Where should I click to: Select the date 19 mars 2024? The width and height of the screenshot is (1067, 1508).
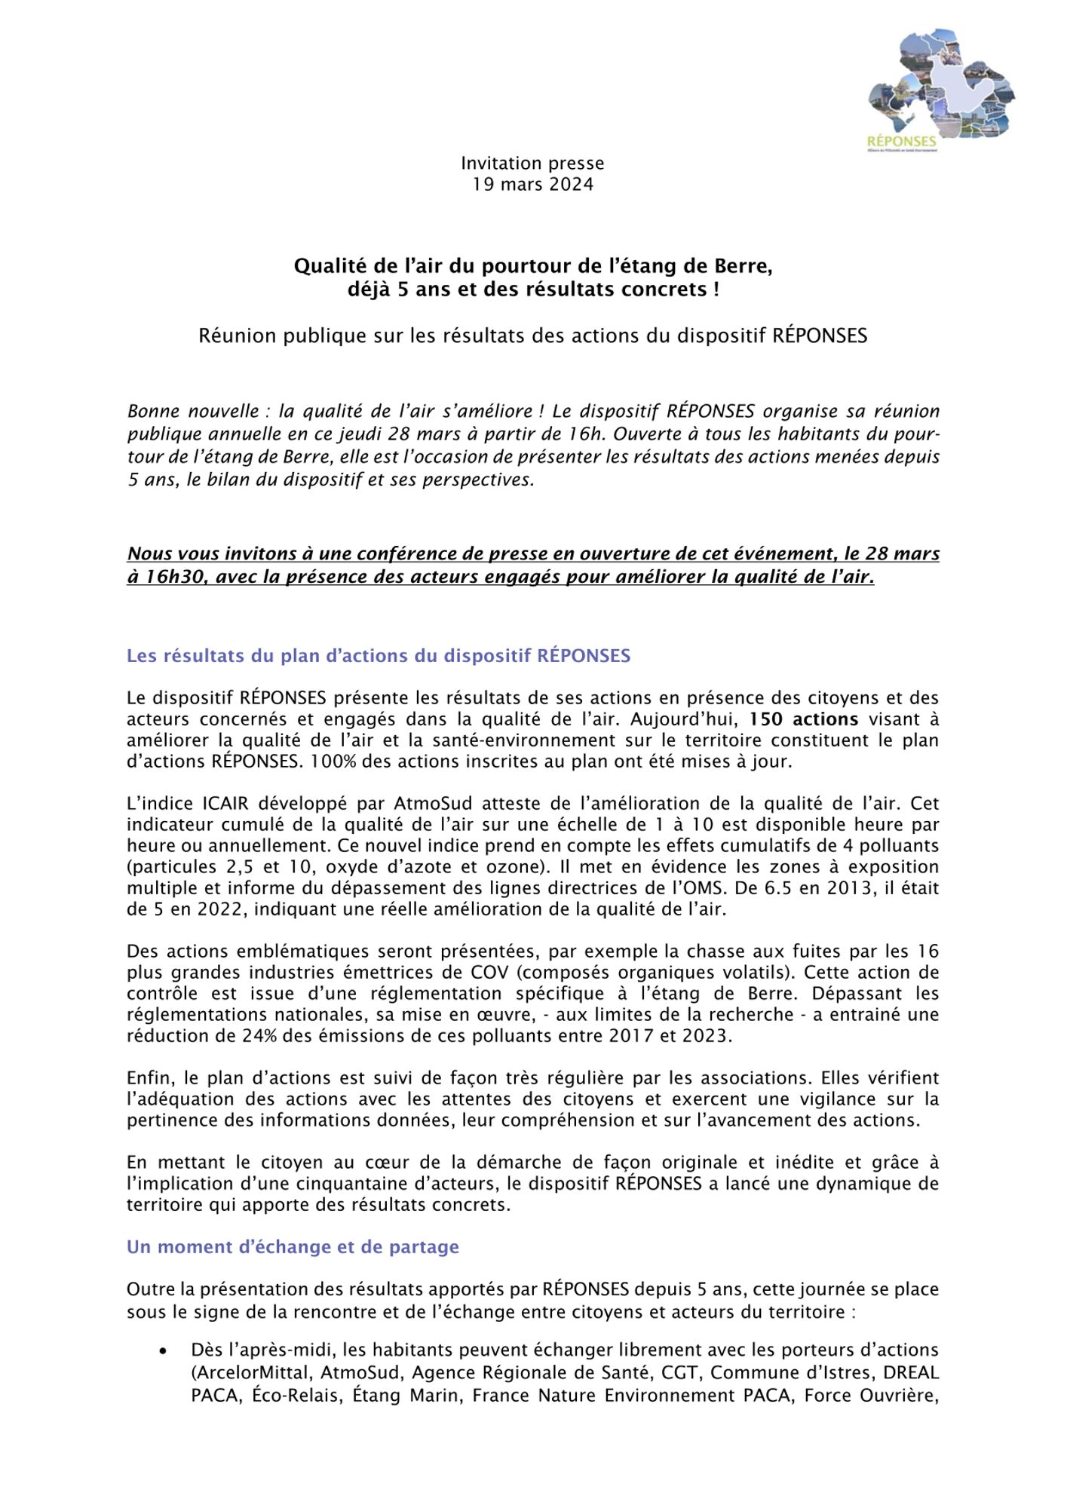532,185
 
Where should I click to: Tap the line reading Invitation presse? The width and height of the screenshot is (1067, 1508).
532,164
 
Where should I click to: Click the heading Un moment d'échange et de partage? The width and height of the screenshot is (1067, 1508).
293,1247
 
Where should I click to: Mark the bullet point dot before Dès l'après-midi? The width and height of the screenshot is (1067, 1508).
163,1350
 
